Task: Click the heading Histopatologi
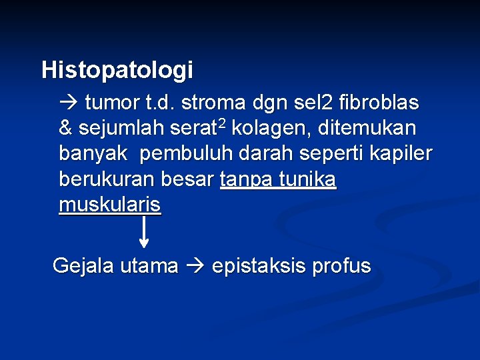coord(117,69)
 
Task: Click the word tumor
coord(113,103)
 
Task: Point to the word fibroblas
coord(379,103)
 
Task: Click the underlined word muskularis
coord(109,205)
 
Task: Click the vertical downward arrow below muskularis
coord(143,231)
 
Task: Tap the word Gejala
coord(82,266)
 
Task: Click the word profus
coord(347,266)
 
